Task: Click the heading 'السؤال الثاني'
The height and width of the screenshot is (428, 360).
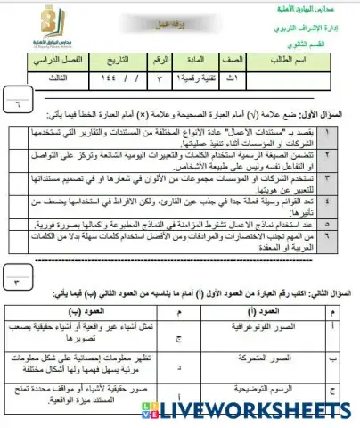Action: point(319,292)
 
